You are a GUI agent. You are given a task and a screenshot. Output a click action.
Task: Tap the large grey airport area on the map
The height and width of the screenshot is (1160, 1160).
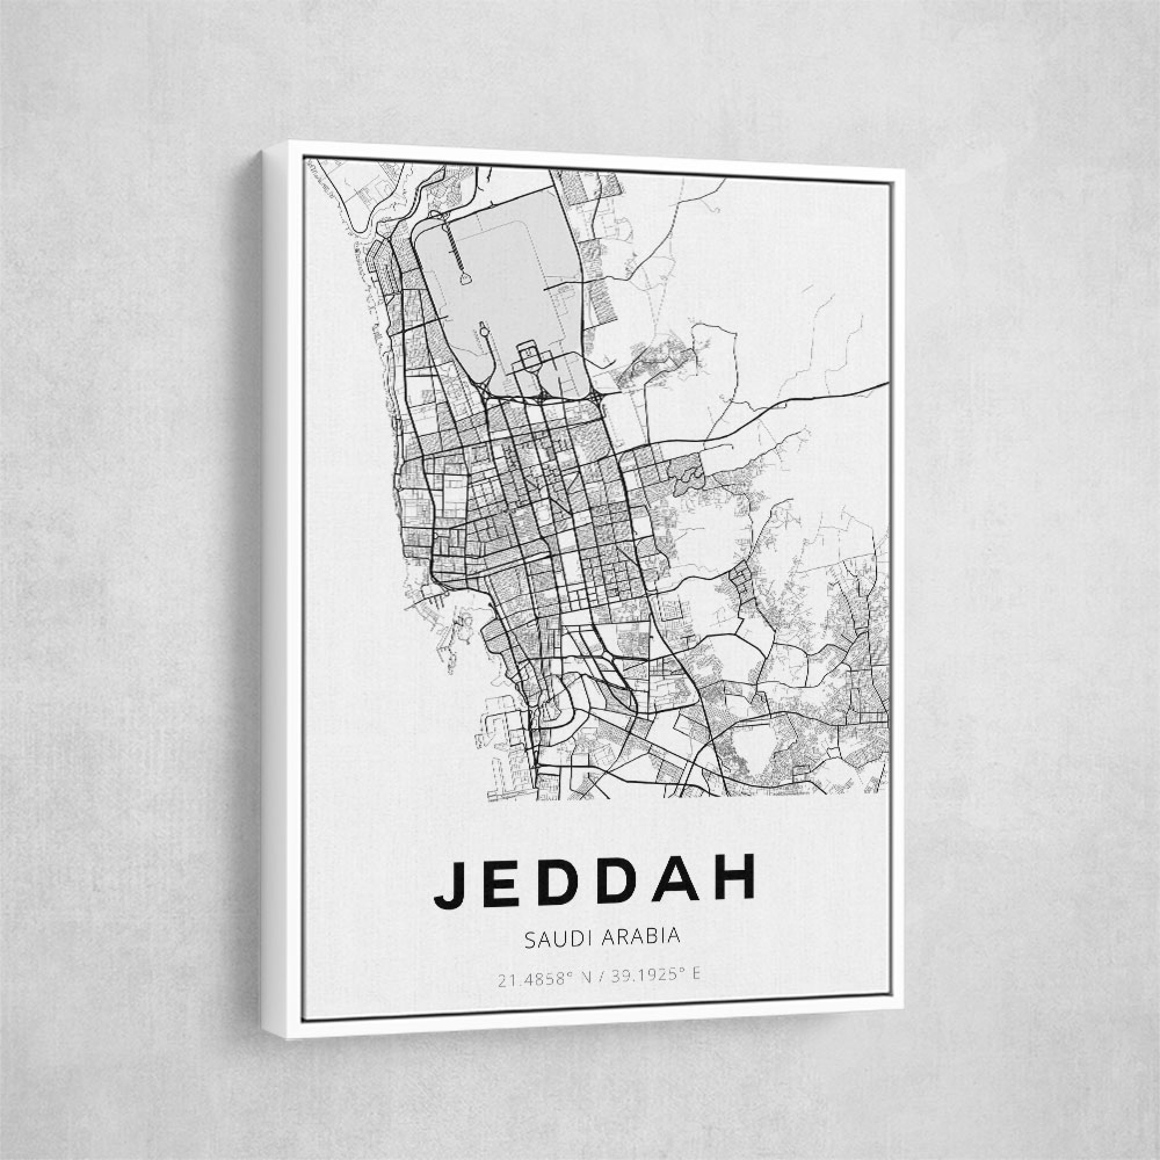[x=516, y=270]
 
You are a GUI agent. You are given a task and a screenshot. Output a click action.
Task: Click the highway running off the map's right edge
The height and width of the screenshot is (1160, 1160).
[x=865, y=387]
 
